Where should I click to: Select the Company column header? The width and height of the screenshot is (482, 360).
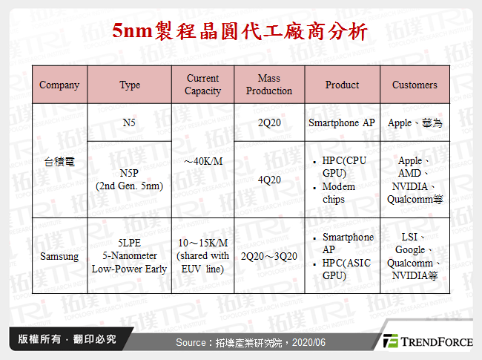pyautogui.click(x=59, y=85)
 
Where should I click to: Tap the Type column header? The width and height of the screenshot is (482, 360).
pyautogui.click(x=130, y=85)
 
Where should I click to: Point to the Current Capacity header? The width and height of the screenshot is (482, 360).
pyautogui.click(x=202, y=85)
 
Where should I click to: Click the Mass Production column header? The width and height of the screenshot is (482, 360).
pyautogui.click(x=268, y=85)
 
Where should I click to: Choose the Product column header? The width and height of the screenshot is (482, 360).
pyautogui.click(x=342, y=85)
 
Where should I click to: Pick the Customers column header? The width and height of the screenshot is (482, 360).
pyautogui.click(x=415, y=85)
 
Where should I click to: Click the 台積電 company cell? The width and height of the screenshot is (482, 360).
pyautogui.click(x=59, y=161)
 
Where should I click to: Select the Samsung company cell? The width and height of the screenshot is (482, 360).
pyautogui.click(x=59, y=256)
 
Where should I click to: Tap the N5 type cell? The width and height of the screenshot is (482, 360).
pyautogui.click(x=130, y=122)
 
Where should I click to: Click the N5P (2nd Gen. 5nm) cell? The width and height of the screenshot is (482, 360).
pyautogui.click(x=130, y=180)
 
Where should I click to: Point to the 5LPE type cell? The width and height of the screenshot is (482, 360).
pyautogui.click(x=130, y=255)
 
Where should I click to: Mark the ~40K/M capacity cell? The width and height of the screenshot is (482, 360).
pyautogui.click(x=202, y=161)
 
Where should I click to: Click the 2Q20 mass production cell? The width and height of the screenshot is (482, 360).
pyautogui.click(x=268, y=122)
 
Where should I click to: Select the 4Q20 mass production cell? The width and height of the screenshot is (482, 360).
pyautogui.click(x=268, y=180)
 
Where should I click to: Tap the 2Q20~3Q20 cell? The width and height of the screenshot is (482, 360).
pyautogui.click(x=268, y=256)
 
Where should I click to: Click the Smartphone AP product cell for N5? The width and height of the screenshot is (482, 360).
pyautogui.click(x=342, y=122)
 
